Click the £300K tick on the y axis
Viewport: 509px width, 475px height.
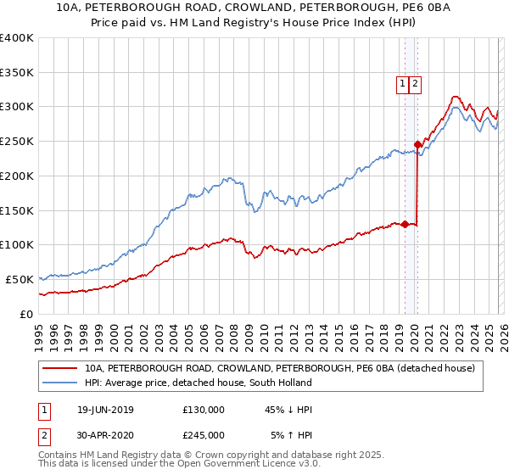pos(17,107)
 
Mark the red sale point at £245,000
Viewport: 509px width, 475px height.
pos(417,144)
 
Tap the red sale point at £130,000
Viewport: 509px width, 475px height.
pos(405,224)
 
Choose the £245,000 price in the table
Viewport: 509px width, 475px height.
pos(204,434)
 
